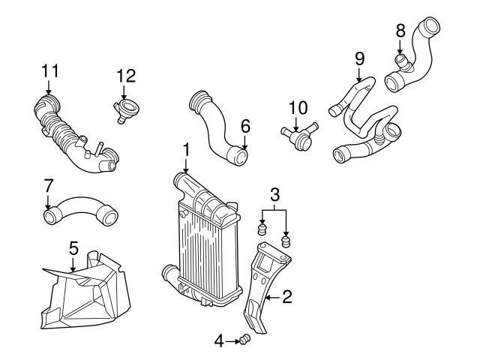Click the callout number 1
[186, 151]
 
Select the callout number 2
[286, 298]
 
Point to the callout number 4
[219, 341]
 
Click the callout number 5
[73, 246]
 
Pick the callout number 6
[244, 127]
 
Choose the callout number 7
[49, 185]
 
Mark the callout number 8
[400, 31]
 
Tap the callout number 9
[359, 57]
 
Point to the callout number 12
[125, 75]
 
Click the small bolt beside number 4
[244, 341]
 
